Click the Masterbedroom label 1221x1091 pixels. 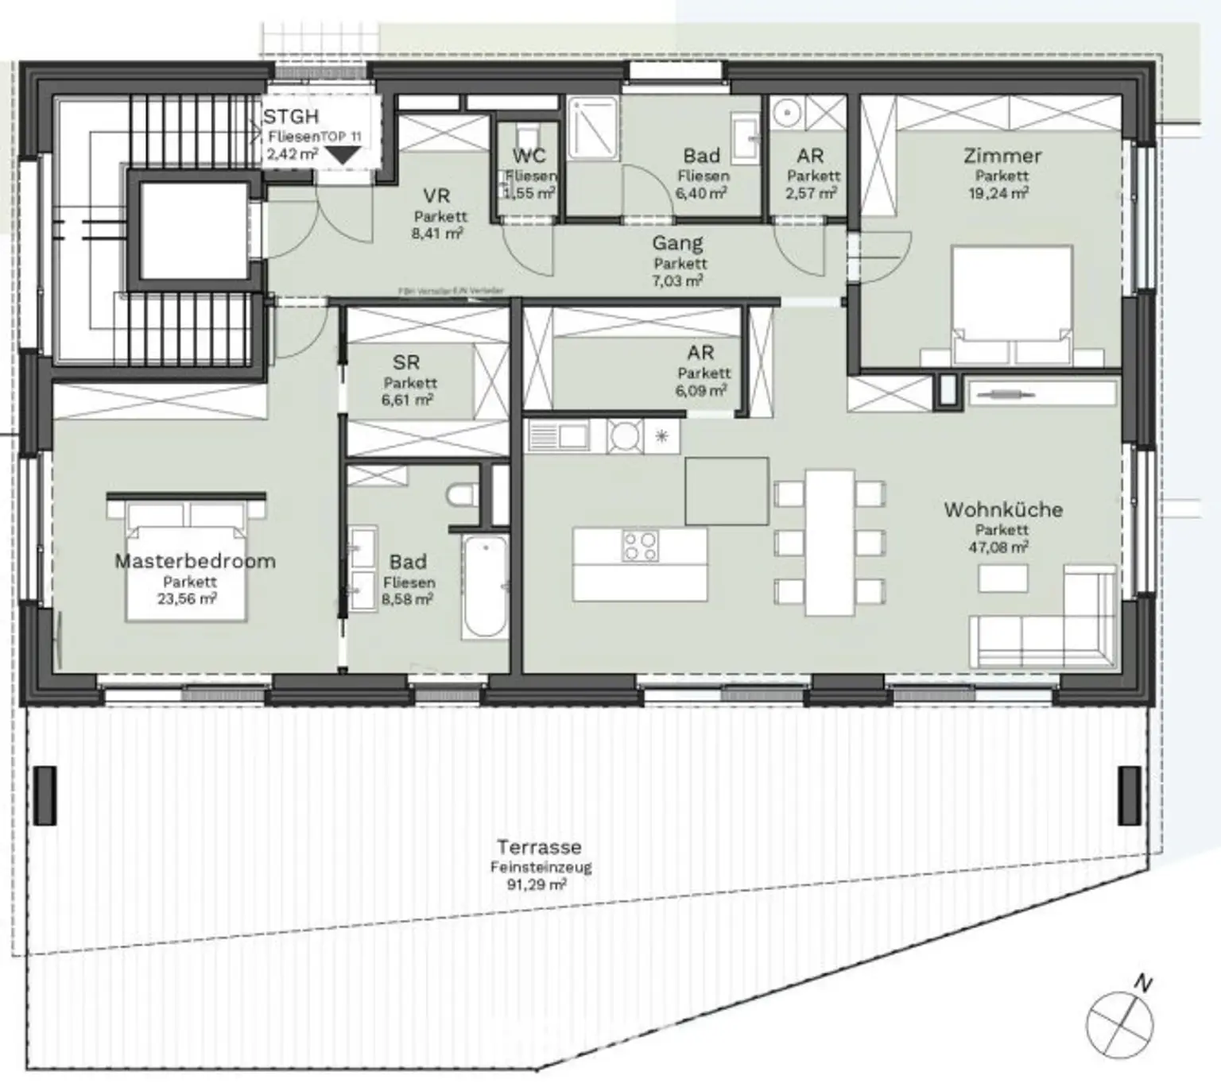[x=195, y=561]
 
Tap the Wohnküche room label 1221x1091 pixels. [x=1002, y=509]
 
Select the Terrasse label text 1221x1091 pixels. [x=539, y=847]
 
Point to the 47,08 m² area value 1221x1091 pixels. [x=998, y=547]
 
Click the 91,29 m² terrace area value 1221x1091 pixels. [x=537, y=884]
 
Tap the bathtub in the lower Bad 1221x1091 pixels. [x=485, y=586]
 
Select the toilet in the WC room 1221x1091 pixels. [x=527, y=135]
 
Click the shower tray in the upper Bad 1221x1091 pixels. [x=593, y=127]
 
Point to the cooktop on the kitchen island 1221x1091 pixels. [x=640, y=545]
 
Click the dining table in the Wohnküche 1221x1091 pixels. [x=830, y=542]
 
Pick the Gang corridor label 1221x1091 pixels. [x=677, y=244]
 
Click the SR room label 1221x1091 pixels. [x=406, y=363]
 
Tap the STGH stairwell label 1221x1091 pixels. [x=291, y=118]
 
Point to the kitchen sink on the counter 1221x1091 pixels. [x=559, y=435]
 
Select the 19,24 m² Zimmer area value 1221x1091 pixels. [x=998, y=193]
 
